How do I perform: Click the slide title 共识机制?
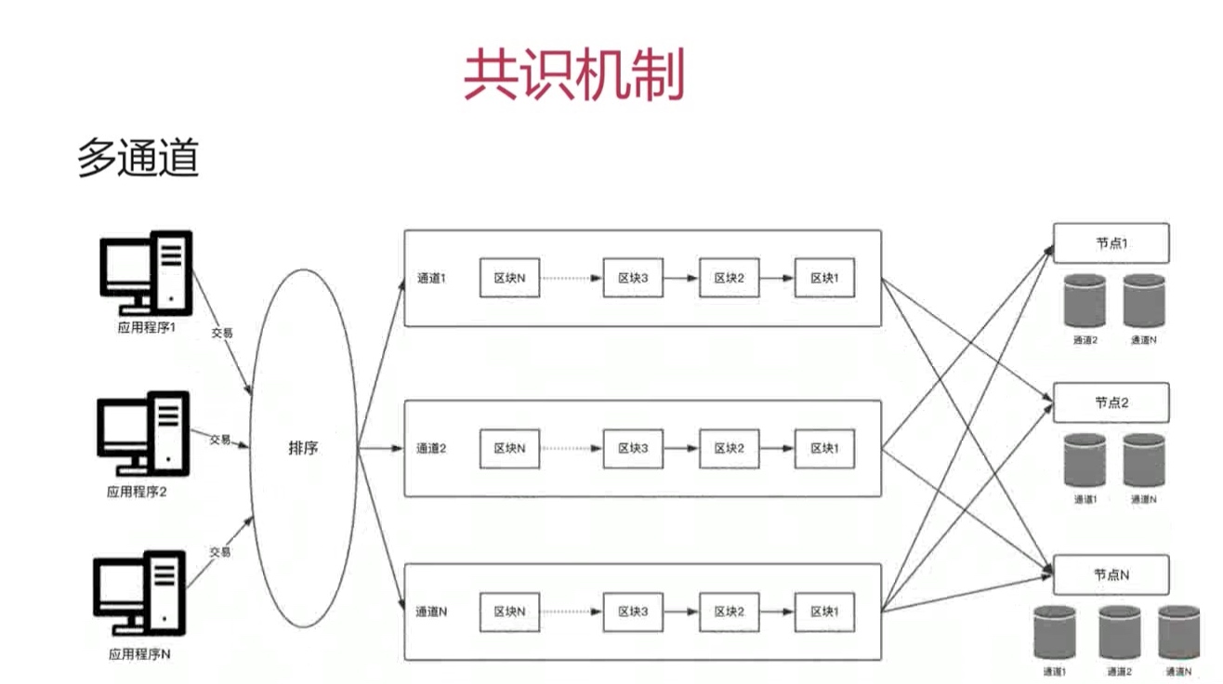tap(573, 75)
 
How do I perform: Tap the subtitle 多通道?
tap(138, 159)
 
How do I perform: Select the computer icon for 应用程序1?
tap(145, 270)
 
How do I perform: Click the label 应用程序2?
tap(137, 492)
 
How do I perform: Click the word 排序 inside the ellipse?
tap(303, 448)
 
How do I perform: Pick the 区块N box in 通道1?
tap(509, 278)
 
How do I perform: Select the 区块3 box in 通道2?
tap(633, 448)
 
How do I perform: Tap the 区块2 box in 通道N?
tap(730, 612)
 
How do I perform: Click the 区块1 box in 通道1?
tap(824, 278)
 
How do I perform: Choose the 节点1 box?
tap(1111, 243)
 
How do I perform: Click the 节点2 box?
tap(1111, 403)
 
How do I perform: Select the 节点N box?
tap(1111, 575)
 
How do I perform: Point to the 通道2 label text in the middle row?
tap(431, 448)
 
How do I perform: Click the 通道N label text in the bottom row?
tap(431, 612)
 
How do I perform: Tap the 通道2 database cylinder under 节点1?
tap(1085, 300)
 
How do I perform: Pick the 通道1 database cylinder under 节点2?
tap(1085, 460)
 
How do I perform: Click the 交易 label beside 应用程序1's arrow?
tap(220, 332)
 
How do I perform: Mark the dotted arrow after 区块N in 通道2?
tap(571, 448)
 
